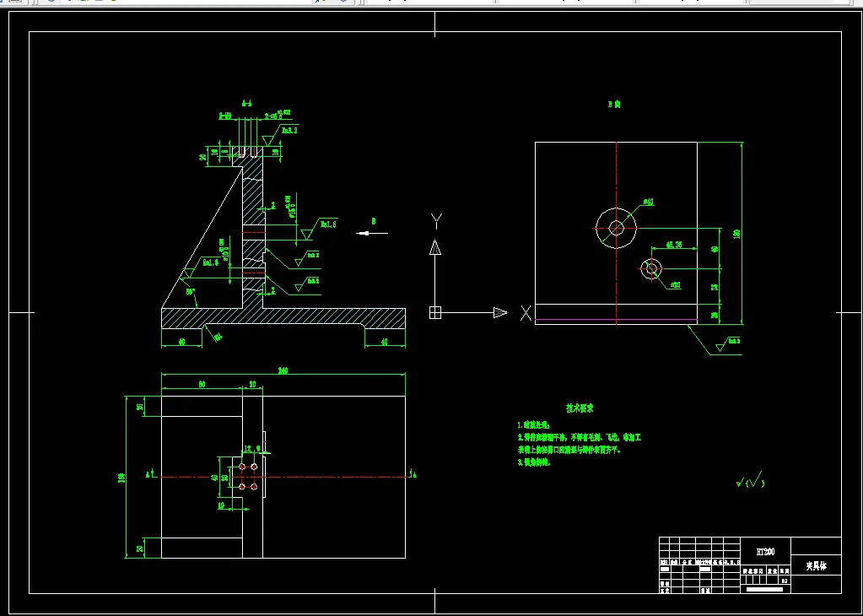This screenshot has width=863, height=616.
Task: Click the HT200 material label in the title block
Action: coord(766,551)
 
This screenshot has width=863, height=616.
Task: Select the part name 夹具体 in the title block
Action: coord(816,566)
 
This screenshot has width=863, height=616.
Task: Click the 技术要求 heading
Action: coord(580,408)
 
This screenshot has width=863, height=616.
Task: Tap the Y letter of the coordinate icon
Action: coord(436,221)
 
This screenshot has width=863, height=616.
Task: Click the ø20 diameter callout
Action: coord(675,285)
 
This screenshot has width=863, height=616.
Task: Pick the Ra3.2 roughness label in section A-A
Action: coord(289,131)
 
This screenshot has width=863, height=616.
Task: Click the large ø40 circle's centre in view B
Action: coord(617,226)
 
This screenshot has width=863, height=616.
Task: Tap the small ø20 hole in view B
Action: coord(650,268)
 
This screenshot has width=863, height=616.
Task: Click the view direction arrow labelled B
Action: coord(367,234)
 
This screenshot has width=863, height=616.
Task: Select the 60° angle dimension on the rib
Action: coord(191,292)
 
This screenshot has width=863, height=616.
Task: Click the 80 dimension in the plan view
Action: coord(202,384)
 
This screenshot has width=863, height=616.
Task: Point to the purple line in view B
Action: coord(616,321)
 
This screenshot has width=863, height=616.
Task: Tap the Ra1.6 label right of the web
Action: coord(328,224)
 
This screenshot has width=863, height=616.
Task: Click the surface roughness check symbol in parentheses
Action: coord(750,482)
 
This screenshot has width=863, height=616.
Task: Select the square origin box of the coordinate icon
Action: coord(435,312)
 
